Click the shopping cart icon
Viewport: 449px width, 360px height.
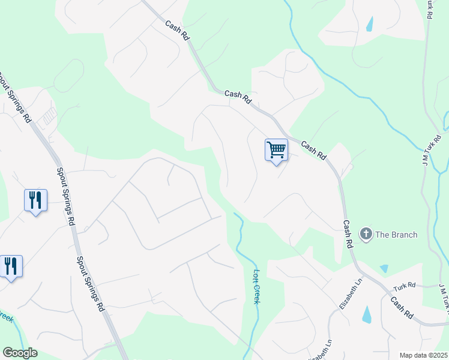click(x=276, y=149)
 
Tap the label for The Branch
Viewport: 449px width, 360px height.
click(x=396, y=235)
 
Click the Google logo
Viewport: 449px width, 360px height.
click(x=20, y=353)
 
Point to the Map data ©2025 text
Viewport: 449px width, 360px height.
click(x=423, y=355)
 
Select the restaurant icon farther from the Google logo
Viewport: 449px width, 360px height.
click(x=35, y=200)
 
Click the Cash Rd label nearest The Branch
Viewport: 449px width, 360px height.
click(x=347, y=233)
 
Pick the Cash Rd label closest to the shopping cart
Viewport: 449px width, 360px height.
click(x=313, y=151)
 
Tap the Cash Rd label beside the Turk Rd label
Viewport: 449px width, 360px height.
click(x=402, y=307)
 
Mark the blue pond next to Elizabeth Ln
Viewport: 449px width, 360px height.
click(x=367, y=314)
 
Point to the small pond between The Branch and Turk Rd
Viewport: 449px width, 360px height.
click(x=384, y=268)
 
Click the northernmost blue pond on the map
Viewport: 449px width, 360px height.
click(x=369, y=24)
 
